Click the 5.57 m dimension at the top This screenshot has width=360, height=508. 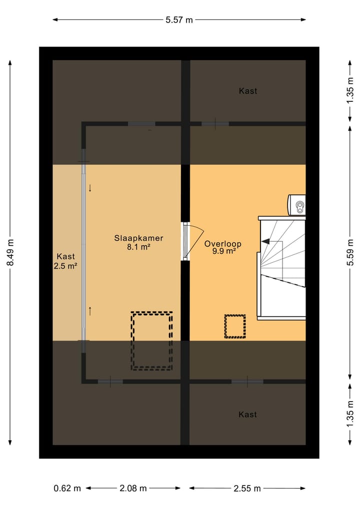pyautogui.click(x=179, y=20)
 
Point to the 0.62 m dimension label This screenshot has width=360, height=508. pyautogui.click(x=67, y=488)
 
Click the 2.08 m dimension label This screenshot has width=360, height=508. pyautogui.click(x=133, y=488)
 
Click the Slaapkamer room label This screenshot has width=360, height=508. pyautogui.click(x=138, y=238)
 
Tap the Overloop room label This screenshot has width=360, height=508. pyautogui.click(x=222, y=244)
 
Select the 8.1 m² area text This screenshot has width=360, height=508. pyautogui.click(x=138, y=246)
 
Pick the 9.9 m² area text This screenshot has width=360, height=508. pyautogui.click(x=223, y=252)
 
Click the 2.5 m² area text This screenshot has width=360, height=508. pyautogui.click(x=65, y=266)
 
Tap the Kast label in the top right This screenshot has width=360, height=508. pyautogui.click(x=248, y=91)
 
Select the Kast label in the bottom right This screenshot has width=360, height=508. pyautogui.click(x=248, y=414)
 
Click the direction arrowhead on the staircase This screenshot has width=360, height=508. pyautogui.click(x=265, y=241)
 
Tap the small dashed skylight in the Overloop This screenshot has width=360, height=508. pyautogui.click(x=234, y=326)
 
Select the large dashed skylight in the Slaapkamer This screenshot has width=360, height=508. pyautogui.click(x=151, y=341)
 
